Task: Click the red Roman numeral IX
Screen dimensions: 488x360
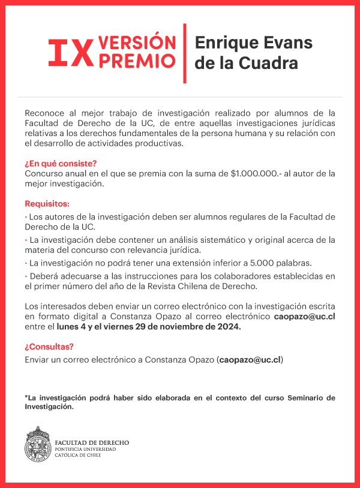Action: [70, 53]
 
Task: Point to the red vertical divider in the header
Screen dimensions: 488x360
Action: [185, 53]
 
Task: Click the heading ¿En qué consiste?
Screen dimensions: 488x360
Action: [61, 164]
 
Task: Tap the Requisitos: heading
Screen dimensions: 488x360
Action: [47, 204]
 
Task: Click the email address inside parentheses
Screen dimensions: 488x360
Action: [250, 360]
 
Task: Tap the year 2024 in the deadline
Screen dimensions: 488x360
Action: [227, 327]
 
